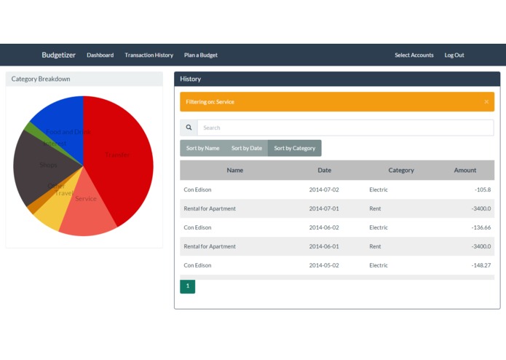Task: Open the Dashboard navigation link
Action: [x=100, y=55]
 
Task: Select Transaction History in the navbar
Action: [x=149, y=55]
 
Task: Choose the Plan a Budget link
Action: [x=201, y=55]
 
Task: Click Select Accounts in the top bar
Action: [x=414, y=55]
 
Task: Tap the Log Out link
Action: [x=454, y=55]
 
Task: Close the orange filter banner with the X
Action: [x=486, y=102]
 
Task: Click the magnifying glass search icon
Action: [x=189, y=128]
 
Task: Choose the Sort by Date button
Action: [x=247, y=148]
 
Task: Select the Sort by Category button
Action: [x=295, y=148]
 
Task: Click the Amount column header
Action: [x=465, y=171]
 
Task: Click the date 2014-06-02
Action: [x=324, y=227]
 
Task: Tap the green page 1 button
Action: [x=187, y=286]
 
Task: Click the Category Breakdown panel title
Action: [x=41, y=79]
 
